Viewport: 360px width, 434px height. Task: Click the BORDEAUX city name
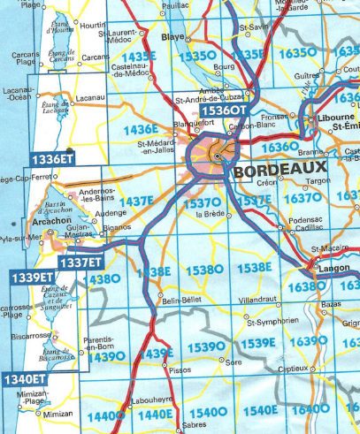[277, 168]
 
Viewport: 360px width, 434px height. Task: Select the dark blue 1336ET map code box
[52, 158]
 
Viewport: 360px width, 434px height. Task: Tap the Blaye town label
[172, 39]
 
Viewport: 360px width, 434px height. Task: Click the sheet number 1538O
[205, 269]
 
